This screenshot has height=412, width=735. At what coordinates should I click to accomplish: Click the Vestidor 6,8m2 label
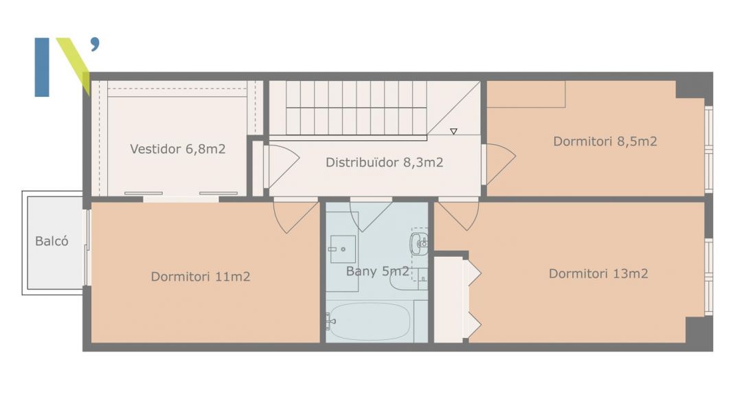(x=178, y=149)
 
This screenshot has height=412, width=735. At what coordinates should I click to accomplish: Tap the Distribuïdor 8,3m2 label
(x=385, y=162)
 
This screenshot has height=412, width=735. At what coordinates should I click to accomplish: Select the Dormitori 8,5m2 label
(x=605, y=141)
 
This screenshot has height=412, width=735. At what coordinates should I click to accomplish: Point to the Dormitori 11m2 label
(x=201, y=277)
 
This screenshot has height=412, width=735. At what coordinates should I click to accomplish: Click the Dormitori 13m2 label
(x=598, y=273)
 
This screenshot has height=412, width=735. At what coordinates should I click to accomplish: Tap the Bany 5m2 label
(x=377, y=271)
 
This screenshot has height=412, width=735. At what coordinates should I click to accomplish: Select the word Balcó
(x=52, y=241)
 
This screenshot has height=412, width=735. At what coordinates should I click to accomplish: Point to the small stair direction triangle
(x=453, y=132)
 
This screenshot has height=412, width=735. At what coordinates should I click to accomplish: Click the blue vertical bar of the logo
(x=42, y=67)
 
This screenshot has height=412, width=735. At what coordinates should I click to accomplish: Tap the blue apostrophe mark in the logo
(x=95, y=43)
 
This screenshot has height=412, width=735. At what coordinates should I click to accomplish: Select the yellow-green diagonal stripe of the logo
(x=75, y=66)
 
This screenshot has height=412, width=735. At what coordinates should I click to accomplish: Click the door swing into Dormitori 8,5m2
(x=501, y=164)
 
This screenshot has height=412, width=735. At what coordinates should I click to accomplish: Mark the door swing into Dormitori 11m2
(x=295, y=216)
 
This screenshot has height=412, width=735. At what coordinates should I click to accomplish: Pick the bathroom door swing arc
(x=370, y=216)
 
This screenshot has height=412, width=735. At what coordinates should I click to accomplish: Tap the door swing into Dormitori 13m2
(x=458, y=216)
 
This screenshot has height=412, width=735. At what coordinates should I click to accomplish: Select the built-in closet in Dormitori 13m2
(x=451, y=299)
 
